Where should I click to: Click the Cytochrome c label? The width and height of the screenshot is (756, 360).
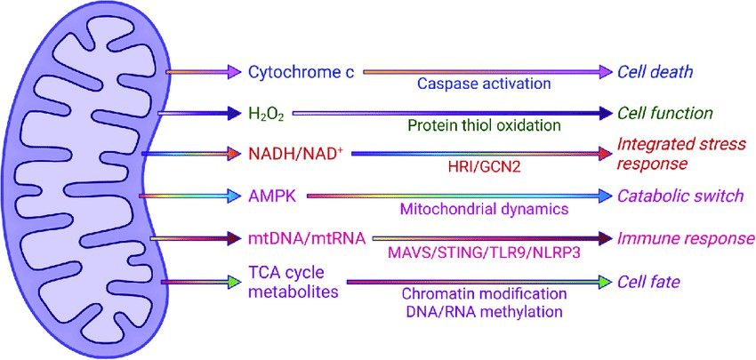pyautogui.click(x=302, y=71)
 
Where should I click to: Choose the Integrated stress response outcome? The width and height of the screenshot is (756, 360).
pyautogui.click(x=676, y=154)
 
